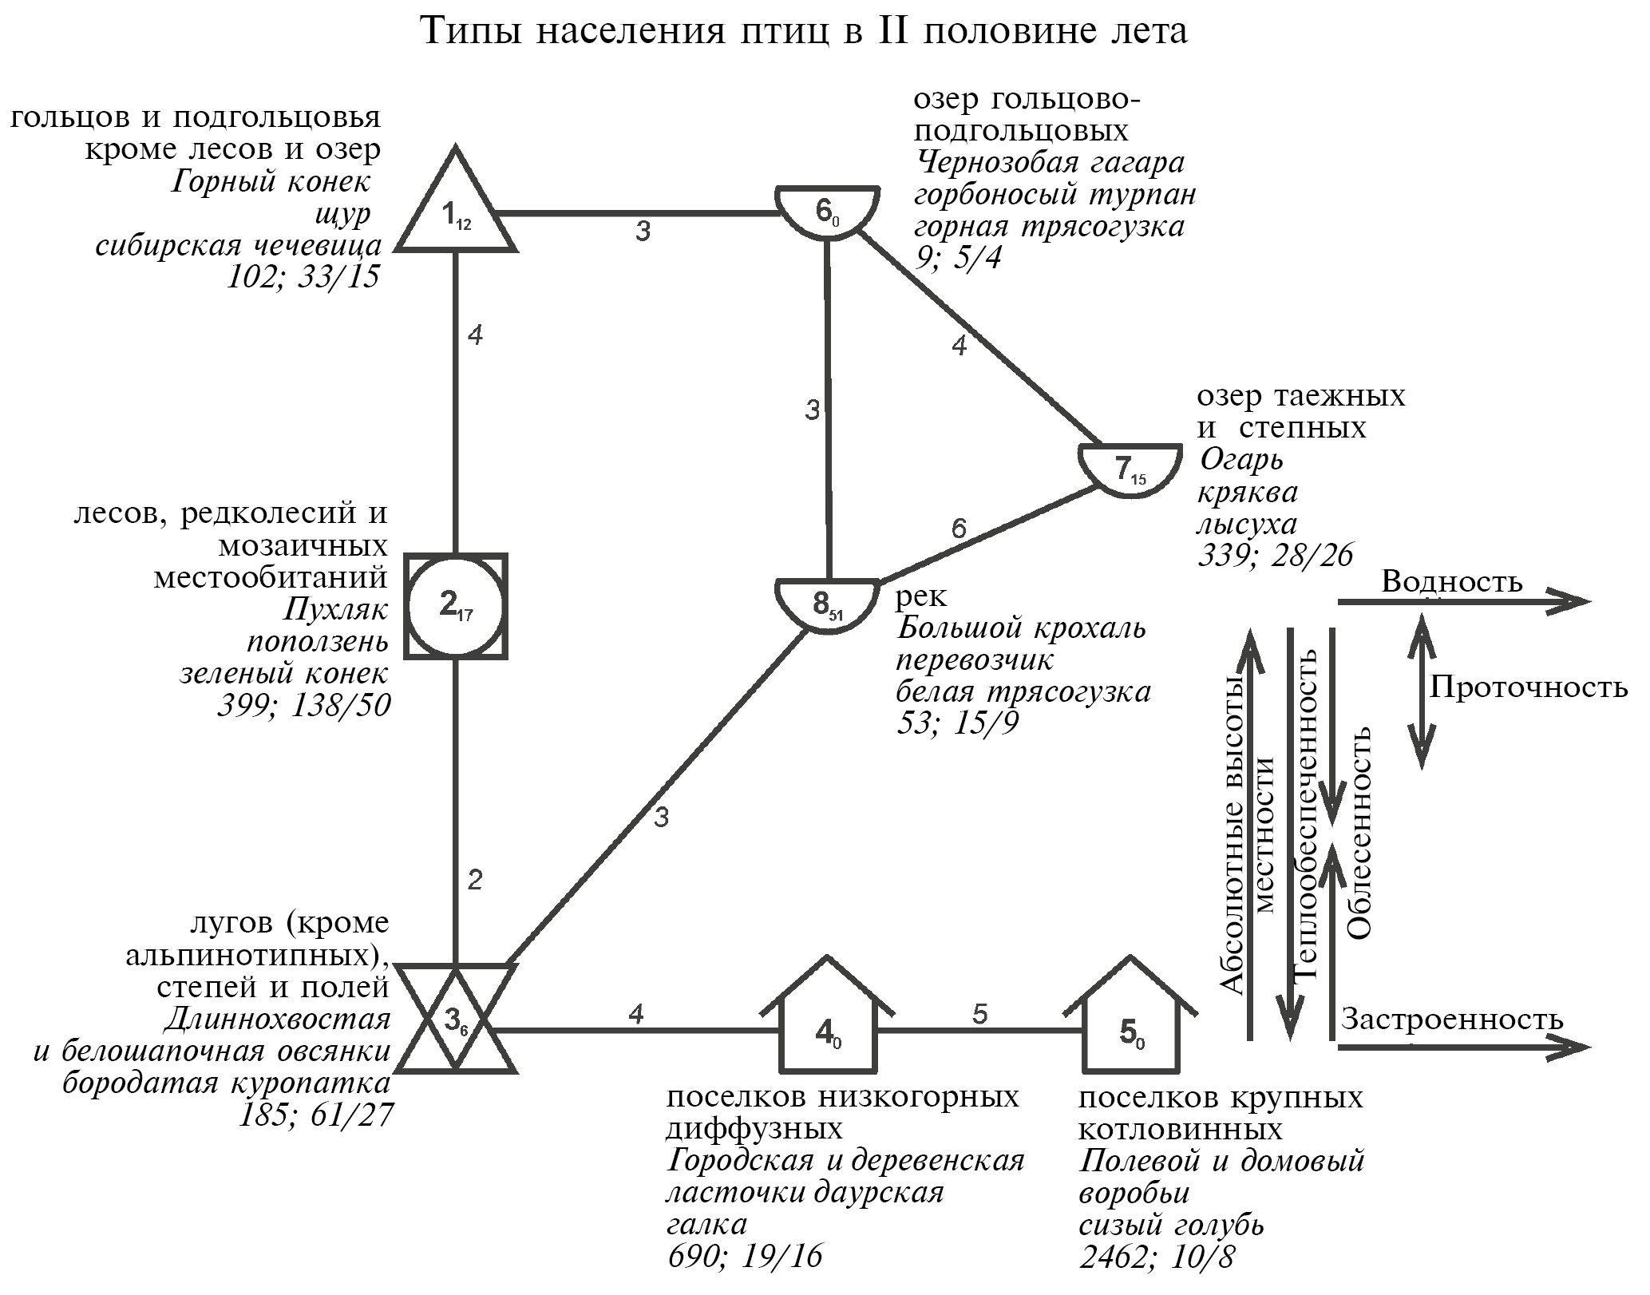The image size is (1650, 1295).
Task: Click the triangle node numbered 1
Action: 455,212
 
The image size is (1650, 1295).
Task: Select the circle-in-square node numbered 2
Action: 455,606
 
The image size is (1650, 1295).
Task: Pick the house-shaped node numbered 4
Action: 828,1031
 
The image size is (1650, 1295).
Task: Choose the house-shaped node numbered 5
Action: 1131,1031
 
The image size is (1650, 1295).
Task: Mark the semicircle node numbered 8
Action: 828,604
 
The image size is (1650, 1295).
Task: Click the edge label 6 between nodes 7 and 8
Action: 958,529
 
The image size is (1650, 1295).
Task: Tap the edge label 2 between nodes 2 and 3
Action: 476,881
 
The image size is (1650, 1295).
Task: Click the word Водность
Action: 1451,582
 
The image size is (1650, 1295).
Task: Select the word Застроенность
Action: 1451,1020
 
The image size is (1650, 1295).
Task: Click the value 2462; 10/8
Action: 1156,1257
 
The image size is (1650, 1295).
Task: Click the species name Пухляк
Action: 335,610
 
